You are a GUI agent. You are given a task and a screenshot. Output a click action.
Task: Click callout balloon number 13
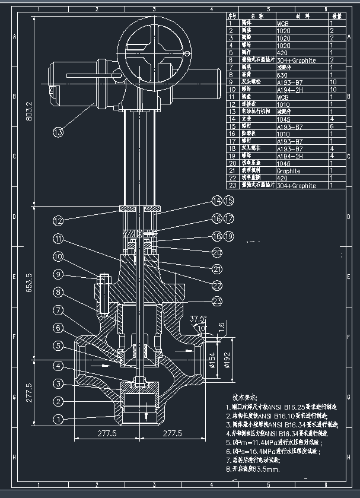coord(58,132)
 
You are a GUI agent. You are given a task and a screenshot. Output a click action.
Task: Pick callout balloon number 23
coord(217,302)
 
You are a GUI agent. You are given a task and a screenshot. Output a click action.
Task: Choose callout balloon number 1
coord(58,419)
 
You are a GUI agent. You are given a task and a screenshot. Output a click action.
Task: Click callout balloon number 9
coord(58,274)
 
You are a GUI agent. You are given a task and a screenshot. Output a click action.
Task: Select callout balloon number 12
coord(58,221)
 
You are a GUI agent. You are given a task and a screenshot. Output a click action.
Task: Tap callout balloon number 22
coord(217,285)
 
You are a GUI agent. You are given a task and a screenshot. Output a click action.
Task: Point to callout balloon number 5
coord(58,345)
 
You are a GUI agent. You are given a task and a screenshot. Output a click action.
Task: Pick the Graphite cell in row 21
coord(289,171)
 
